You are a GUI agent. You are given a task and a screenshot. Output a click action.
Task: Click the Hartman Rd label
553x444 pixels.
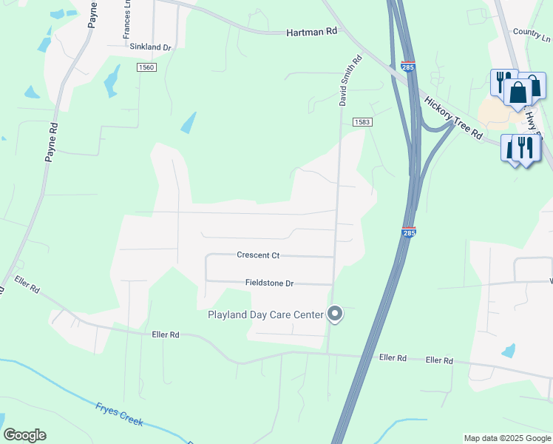[311, 33]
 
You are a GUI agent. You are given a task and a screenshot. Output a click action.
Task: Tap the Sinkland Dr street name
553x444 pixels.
[150, 47]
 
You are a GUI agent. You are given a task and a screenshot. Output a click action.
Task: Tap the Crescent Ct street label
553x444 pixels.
[258, 255]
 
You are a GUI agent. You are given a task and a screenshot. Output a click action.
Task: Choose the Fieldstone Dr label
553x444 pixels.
[270, 283]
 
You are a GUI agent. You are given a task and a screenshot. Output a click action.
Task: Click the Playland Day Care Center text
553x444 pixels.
[265, 314]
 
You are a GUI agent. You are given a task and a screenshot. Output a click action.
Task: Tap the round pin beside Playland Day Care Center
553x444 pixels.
[335, 314]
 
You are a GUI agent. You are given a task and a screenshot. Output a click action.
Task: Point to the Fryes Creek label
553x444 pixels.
[119, 414]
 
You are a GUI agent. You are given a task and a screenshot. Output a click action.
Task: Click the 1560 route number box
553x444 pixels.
[146, 67]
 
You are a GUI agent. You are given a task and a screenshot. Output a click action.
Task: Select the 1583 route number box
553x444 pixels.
[361, 122]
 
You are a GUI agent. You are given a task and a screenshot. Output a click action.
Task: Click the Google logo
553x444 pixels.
[24, 435]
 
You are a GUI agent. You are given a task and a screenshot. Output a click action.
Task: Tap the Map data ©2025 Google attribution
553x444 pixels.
[507, 438]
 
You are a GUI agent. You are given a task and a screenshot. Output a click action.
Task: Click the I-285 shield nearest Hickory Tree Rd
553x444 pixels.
[409, 67]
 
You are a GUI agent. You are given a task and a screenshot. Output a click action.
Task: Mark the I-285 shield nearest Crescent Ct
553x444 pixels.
[409, 232]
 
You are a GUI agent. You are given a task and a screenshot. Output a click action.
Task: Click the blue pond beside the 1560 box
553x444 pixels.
[112, 80]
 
